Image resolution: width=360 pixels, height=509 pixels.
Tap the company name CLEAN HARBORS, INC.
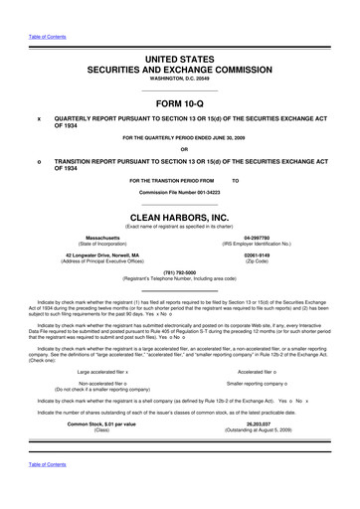coord(180,211)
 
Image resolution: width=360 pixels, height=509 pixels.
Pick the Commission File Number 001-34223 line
coord(180,190)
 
